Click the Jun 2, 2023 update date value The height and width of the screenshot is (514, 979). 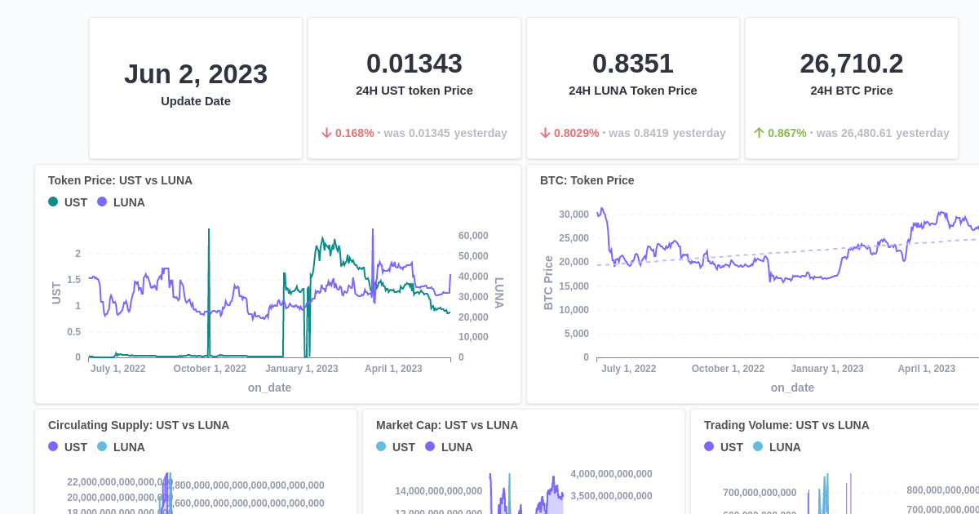[196, 74]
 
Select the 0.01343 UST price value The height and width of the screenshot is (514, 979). [414, 64]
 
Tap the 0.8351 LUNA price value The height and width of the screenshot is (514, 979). [633, 64]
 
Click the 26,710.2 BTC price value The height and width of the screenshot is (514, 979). [852, 64]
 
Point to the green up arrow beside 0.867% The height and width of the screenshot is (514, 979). [759, 133]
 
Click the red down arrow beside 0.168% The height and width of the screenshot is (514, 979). [326, 133]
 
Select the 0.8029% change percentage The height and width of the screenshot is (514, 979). [576, 133]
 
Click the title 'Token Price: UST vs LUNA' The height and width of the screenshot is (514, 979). [120, 180]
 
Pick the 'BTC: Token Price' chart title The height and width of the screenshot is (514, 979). [587, 180]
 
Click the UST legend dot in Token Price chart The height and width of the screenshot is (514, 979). [53, 202]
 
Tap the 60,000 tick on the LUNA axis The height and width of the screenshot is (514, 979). [473, 236]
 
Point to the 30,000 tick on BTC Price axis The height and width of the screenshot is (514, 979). [574, 215]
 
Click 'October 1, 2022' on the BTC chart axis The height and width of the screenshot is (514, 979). [728, 369]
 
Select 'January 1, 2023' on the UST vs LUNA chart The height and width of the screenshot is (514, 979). [301, 369]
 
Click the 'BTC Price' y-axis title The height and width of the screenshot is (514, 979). [548, 282]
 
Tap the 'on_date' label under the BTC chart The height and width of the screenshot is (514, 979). [792, 388]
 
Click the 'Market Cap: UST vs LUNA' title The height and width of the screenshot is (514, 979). [447, 425]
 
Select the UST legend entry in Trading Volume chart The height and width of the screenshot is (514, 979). [723, 447]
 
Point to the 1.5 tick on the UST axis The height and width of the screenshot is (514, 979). [73, 280]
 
